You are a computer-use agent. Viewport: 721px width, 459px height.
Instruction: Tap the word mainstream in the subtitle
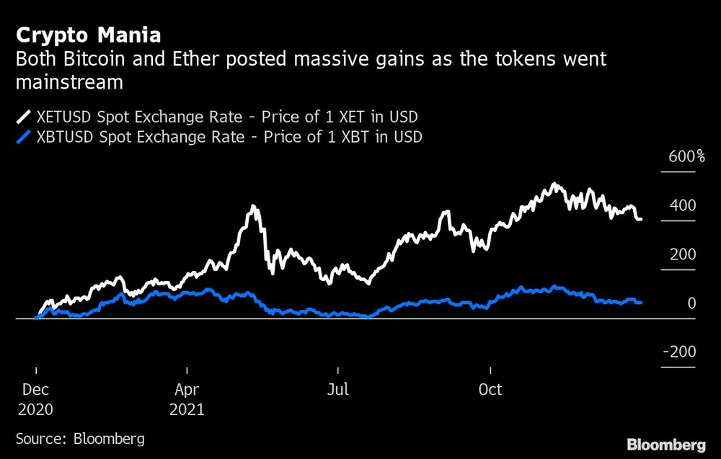point(69,82)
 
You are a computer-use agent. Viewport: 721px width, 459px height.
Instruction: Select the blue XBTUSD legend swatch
point(24,137)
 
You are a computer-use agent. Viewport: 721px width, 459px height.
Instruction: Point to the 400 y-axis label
point(683,206)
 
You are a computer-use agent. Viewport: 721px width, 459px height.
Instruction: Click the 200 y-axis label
point(683,255)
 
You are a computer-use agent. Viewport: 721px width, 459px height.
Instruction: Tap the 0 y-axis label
point(691,303)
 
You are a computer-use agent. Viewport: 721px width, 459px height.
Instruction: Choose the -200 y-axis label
point(679,352)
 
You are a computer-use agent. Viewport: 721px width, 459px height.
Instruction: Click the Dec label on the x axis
point(36,390)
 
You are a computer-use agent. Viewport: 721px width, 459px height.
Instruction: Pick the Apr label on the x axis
point(187,390)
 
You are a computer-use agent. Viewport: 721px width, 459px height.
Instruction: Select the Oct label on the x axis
point(490,390)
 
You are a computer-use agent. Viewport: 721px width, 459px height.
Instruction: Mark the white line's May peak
point(253,208)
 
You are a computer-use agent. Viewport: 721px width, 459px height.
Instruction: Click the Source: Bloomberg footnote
point(80,438)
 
